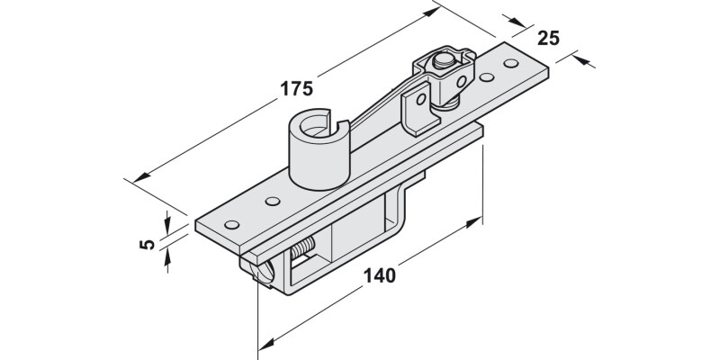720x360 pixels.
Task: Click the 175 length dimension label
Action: tap(294, 88)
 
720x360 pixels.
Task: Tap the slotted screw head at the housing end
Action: tap(262, 272)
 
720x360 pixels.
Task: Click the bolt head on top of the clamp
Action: tap(442, 63)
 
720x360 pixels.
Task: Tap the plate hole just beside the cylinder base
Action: tap(273, 201)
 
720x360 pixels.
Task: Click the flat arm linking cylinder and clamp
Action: tap(378, 108)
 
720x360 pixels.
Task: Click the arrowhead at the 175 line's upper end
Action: tap(438, 11)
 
